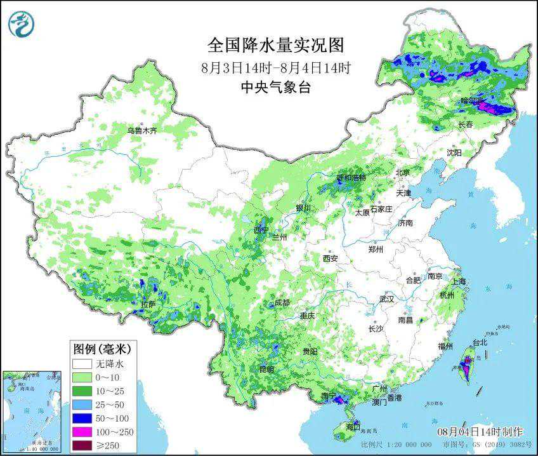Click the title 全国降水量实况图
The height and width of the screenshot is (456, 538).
click(x=275, y=45)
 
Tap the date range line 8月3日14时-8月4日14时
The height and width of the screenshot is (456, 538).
click(x=275, y=67)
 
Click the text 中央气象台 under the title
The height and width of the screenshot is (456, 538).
click(x=275, y=88)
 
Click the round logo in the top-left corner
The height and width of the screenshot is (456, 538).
click(x=22, y=24)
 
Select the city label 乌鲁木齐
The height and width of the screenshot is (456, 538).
click(x=141, y=130)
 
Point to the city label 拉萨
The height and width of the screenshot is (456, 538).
click(x=147, y=305)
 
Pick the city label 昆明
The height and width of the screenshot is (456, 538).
click(x=266, y=369)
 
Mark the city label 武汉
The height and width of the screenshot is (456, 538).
click(x=386, y=298)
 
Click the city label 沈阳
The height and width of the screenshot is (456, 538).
click(x=454, y=152)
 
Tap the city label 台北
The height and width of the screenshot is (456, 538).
click(x=480, y=342)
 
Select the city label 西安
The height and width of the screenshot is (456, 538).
click(x=330, y=258)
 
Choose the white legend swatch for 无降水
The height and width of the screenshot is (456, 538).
click(x=82, y=364)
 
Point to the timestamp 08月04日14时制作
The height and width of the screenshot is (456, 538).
click(x=480, y=431)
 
